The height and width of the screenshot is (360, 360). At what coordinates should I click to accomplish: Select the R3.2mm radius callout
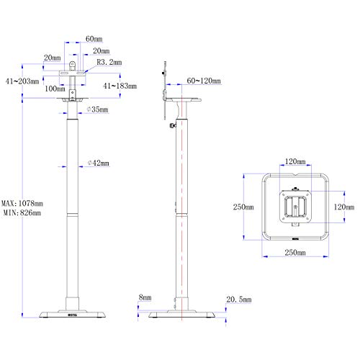pyautogui.click(x=109, y=63)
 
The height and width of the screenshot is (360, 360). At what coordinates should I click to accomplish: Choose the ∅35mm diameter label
pyautogui.click(x=95, y=109)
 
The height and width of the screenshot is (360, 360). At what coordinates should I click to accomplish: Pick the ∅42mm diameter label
pyautogui.click(x=96, y=164)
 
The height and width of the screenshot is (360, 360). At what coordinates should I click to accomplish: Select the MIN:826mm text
pyautogui.click(x=22, y=212)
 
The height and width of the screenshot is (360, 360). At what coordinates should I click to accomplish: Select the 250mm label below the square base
pyautogui.click(x=294, y=253)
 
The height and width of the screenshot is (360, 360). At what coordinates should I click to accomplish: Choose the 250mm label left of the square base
pyautogui.click(x=243, y=207)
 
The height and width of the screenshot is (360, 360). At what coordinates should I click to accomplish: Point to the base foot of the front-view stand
pyautogui.click(x=74, y=315)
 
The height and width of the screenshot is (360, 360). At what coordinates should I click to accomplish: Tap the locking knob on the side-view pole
pyautogui.click(x=171, y=128)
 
